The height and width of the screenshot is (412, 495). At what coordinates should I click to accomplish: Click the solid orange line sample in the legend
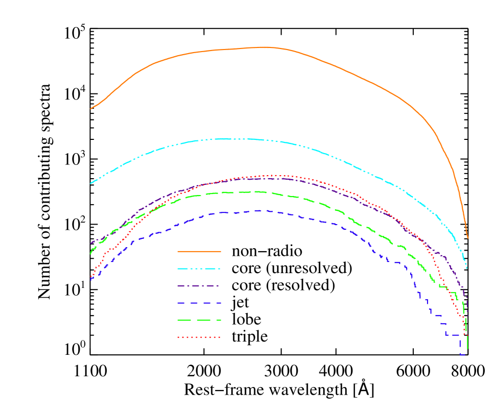pos(199,251)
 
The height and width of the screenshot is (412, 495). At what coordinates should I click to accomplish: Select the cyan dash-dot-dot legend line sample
pos(199,269)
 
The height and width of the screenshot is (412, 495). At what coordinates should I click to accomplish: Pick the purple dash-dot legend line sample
pos(199,286)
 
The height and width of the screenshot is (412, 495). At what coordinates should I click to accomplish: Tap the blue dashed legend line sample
pos(199,303)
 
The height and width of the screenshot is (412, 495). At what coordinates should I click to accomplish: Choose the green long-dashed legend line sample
pos(199,321)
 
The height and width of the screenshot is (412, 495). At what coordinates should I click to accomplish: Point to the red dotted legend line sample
pos(199,337)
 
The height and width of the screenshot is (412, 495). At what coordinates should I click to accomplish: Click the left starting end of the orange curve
pos(91,109)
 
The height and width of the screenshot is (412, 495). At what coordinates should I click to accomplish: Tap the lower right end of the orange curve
pos(467,238)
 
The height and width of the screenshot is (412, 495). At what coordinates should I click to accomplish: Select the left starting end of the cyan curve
pos(91,183)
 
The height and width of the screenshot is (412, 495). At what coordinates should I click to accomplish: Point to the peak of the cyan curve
pos(230,138)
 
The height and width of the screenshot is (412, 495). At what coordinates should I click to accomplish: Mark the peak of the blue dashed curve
pos(258,210)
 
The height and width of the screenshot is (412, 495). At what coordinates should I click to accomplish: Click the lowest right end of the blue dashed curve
pos(463,354)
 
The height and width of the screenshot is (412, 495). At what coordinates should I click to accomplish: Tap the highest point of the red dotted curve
pos(273,175)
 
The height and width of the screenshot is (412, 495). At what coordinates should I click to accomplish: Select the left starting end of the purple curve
pos(91,243)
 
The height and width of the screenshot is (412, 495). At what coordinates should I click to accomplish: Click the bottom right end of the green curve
pos(467,349)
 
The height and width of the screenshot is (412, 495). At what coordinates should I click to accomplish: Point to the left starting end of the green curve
pos(91,254)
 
